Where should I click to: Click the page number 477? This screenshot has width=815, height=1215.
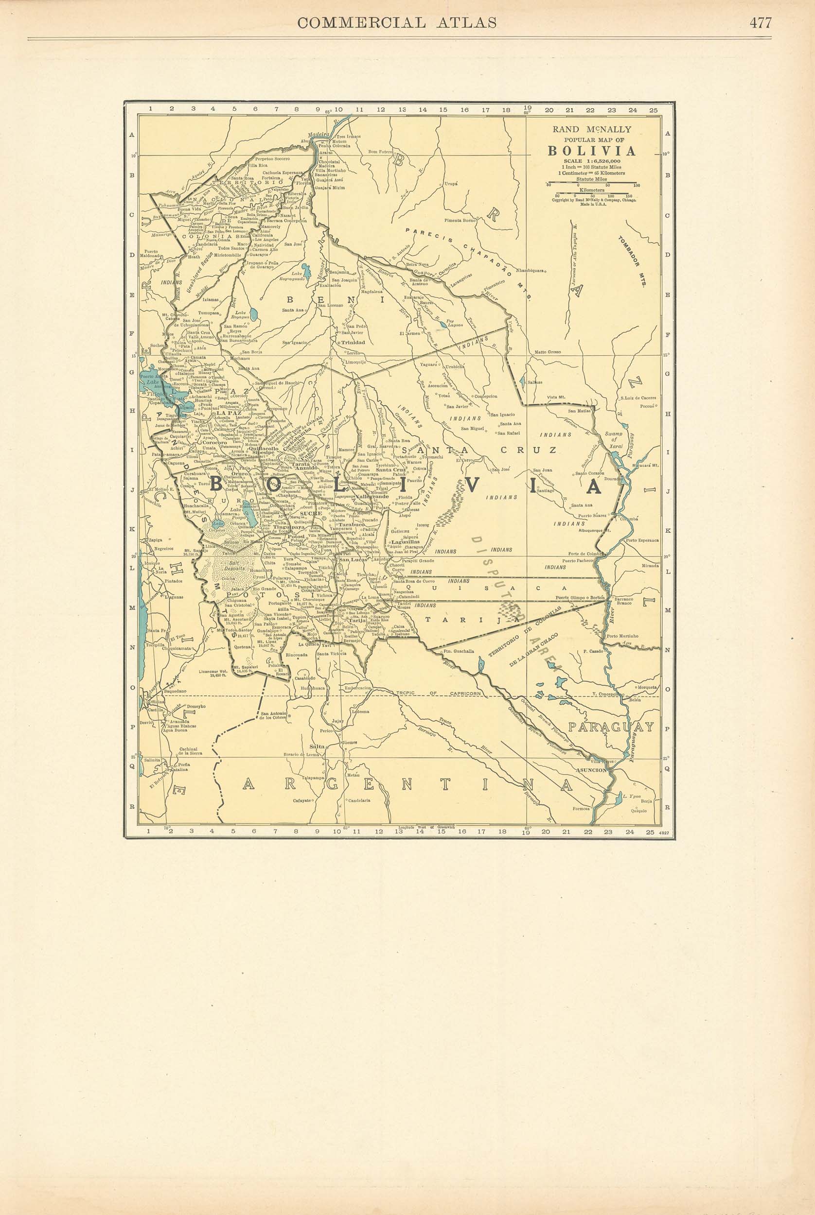point(760,23)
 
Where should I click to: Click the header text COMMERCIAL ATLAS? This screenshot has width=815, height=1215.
point(396,23)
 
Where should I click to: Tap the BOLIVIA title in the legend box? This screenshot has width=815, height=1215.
point(591,151)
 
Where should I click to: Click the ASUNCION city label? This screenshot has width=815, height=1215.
point(591,770)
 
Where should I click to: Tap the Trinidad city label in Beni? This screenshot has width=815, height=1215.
point(353,343)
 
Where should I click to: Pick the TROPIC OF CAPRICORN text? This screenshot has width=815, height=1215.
point(437,694)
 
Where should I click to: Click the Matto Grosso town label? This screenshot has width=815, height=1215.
point(548,352)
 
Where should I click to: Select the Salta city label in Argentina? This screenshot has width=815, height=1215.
point(317,746)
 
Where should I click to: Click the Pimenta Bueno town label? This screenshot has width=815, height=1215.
point(460,220)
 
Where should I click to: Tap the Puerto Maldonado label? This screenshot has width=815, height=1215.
point(151,254)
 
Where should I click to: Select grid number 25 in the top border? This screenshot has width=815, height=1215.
point(653,110)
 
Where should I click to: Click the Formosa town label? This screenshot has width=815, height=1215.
point(581,808)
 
